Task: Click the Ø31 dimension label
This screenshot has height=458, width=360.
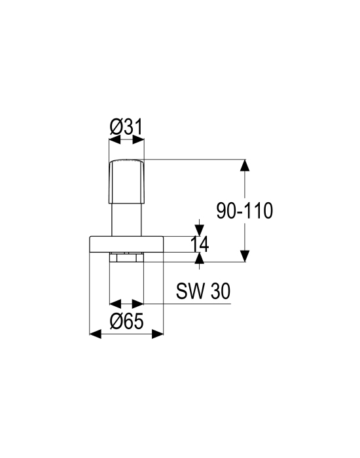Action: (127, 127)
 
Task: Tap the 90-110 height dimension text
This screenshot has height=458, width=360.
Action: (245, 211)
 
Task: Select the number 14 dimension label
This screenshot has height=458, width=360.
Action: (200, 244)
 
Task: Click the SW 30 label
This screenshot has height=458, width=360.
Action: (204, 291)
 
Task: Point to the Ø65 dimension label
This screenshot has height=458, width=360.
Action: (127, 321)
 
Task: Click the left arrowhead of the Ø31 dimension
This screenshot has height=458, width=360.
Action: (115, 140)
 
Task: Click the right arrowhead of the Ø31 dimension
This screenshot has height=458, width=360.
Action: (139, 140)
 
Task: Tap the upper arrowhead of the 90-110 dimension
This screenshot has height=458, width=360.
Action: (245, 165)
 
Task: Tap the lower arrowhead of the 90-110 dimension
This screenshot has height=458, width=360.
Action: (245, 256)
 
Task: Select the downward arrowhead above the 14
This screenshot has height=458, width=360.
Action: (199, 230)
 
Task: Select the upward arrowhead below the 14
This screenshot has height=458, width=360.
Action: (199, 258)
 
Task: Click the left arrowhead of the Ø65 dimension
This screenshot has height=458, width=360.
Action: (96, 334)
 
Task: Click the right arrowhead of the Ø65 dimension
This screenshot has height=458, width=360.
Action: (158, 334)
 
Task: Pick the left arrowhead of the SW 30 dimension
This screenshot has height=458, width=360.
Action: (115, 304)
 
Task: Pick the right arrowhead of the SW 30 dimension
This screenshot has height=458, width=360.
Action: (138, 304)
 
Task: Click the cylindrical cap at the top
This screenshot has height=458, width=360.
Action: (126, 181)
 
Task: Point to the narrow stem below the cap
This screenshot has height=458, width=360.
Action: (126, 220)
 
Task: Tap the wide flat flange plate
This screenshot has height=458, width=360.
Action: (126, 244)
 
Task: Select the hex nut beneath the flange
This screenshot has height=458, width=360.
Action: (126, 257)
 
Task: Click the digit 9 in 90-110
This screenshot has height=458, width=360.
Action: (221, 211)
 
